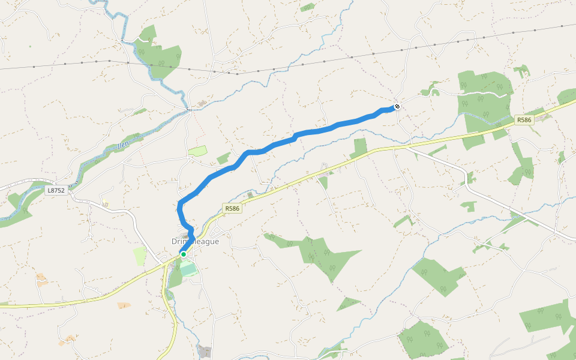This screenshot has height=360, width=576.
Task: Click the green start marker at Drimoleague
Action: click(184, 254)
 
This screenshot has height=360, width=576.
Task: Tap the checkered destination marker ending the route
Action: click(397, 107)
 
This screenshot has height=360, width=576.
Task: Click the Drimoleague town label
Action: click(196, 241)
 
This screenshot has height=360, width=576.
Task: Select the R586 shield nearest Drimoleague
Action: click(232, 208)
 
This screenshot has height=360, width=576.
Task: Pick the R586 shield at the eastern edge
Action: click(524, 120)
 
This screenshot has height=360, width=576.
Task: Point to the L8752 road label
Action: click(56, 190)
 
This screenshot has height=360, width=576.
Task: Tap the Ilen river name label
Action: click(123, 144)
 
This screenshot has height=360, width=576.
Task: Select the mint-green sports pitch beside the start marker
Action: click(188, 269)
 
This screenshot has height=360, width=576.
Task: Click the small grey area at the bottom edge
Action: click(205, 352)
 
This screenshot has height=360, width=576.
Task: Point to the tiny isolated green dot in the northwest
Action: click(30, 46)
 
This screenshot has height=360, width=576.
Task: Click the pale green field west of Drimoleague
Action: click(139, 256)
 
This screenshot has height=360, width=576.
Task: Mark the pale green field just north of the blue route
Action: click(197, 151)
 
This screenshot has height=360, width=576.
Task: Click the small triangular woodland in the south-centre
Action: click(348, 304)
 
